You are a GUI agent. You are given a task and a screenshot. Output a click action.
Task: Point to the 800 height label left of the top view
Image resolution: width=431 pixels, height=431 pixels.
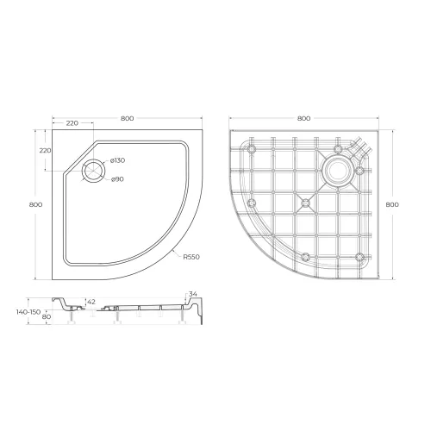(35, 204)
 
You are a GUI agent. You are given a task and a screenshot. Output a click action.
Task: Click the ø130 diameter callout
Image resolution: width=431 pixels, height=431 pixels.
(118, 161)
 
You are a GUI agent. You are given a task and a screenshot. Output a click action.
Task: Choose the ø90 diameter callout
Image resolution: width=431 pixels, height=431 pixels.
(118, 178)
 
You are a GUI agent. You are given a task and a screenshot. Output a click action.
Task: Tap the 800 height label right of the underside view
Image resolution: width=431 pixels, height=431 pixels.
(393, 204)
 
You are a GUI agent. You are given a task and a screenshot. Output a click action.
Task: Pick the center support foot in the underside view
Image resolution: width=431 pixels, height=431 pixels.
(305, 203)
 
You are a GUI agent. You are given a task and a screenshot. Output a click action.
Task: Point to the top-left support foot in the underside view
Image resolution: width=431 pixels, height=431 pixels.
(252, 149)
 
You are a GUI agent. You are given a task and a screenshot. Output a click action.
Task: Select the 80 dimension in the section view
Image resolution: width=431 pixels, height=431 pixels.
(44, 317)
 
